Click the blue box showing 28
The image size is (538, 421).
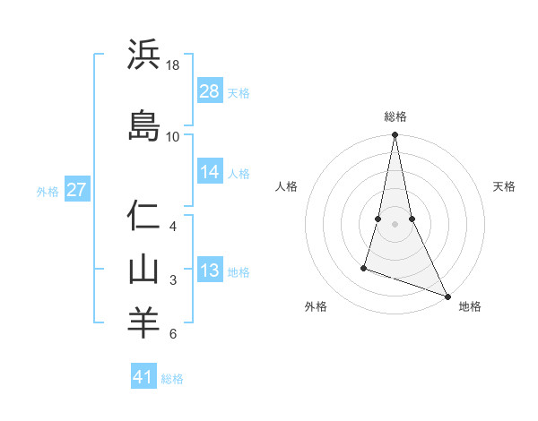click(210, 91)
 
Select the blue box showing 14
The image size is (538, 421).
click(210, 172)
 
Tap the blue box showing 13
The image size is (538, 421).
click(210, 271)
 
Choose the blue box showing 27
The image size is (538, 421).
click(77, 190)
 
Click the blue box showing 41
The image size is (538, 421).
click(144, 377)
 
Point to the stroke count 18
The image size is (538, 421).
click(173, 66)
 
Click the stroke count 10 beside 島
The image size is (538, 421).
click(173, 136)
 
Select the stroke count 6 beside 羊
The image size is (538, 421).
click(173, 334)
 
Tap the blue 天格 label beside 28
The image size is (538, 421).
click(239, 93)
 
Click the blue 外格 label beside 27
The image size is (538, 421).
click(48, 191)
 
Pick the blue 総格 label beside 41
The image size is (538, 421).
click(172, 379)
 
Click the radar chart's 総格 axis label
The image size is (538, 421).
click(395, 116)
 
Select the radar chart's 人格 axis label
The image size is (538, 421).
click(286, 186)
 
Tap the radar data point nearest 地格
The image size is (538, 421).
click(447, 296)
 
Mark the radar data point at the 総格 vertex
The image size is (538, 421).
click(395, 135)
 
